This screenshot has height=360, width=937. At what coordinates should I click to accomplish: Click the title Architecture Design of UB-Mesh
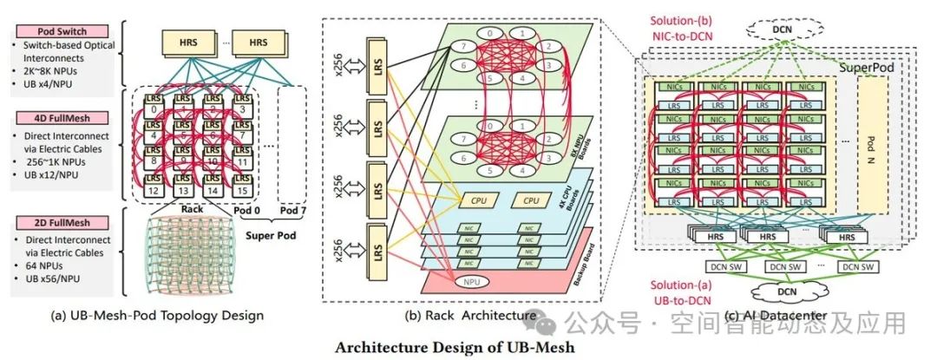[x=455, y=348]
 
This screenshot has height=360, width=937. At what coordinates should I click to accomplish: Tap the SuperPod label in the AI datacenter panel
[x=864, y=66]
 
